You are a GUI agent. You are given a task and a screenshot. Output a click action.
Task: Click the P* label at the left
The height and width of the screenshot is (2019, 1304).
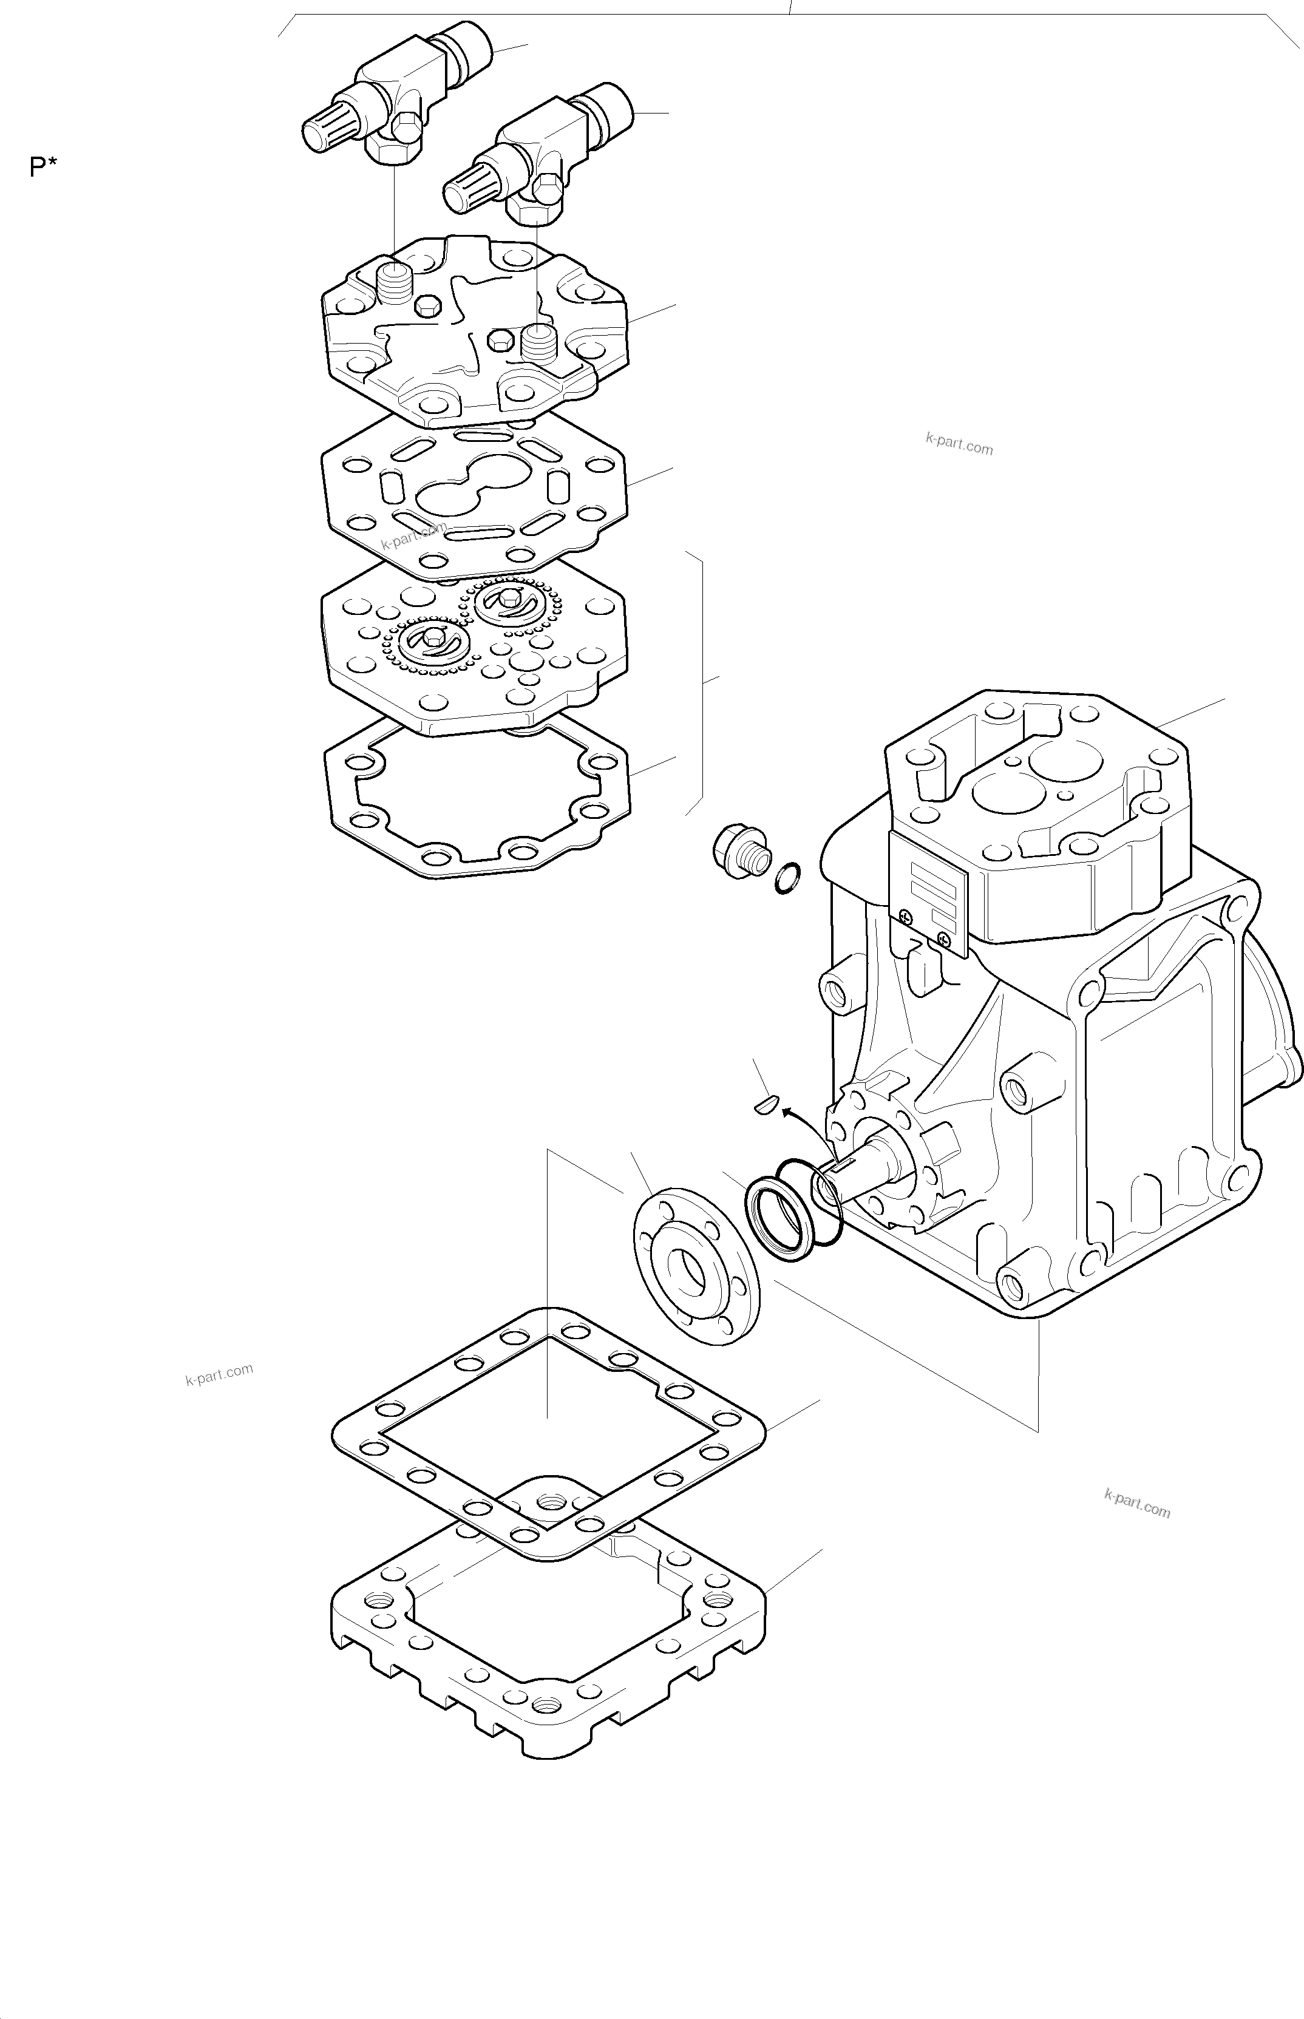point(43,167)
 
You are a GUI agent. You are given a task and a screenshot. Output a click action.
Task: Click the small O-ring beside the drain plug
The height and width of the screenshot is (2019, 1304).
point(787,878)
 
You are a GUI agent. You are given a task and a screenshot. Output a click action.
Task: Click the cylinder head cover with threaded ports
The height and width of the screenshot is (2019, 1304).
point(474,334)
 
